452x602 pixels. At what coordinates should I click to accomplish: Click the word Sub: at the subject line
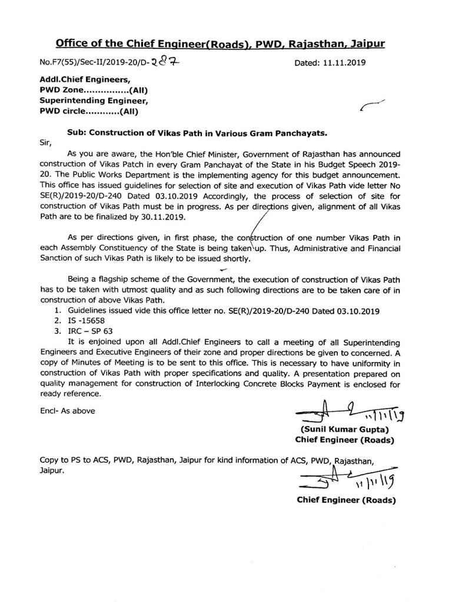pyautogui.click(x=77, y=133)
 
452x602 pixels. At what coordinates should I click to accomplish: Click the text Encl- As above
pyautogui.click(x=67, y=411)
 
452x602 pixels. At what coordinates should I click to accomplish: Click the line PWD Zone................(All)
pyautogui.click(x=92, y=90)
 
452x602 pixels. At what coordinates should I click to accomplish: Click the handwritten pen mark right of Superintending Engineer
pyautogui.click(x=371, y=106)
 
